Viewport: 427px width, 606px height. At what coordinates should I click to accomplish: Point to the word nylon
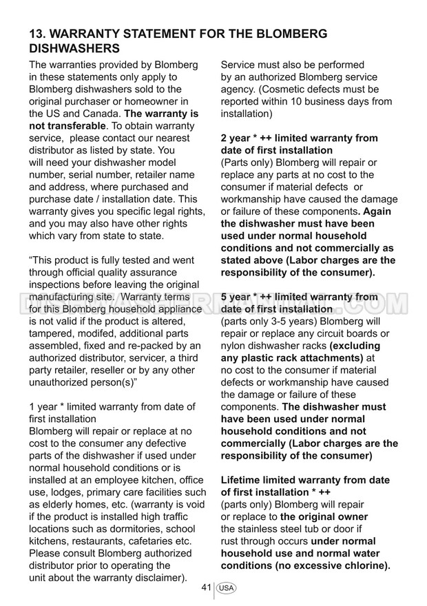(x=234, y=346)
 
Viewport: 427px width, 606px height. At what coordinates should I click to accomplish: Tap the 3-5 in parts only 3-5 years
(x=289, y=322)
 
